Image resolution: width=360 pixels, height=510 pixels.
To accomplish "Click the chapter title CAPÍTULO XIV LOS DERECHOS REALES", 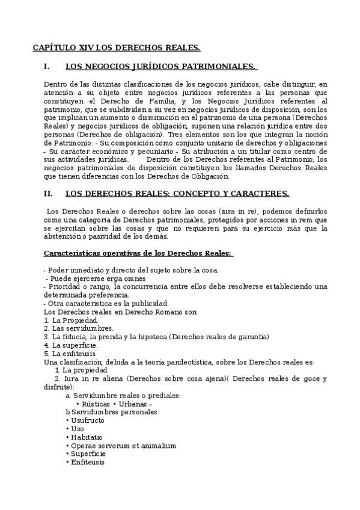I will (116, 47).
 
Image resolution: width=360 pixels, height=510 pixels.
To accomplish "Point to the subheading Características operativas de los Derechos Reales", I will (138, 253).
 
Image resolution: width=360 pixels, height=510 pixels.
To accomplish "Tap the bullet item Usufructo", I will (87, 420).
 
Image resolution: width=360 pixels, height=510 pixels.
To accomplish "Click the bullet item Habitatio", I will (87, 437).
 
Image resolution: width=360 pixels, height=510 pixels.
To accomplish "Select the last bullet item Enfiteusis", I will (88, 462).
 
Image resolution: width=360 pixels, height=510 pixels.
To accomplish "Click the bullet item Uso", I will (77, 428).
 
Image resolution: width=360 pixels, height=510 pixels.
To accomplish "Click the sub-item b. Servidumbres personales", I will (112, 411).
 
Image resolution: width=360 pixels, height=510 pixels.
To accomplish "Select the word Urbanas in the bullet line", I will (132, 404).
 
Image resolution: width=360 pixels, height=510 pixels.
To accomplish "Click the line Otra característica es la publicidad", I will (106, 304).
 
